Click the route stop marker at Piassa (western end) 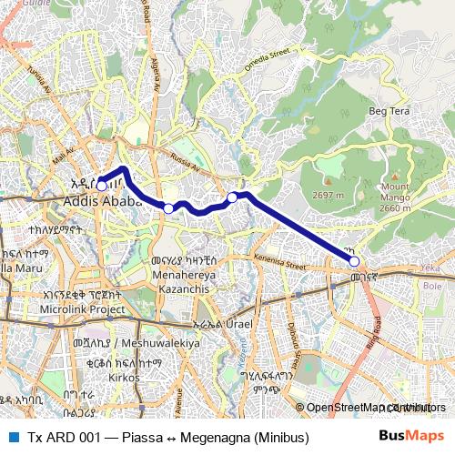[x=102, y=186]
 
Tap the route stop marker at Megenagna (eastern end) [x=355, y=262]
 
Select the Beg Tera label [x=389, y=111]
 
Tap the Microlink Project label [x=82, y=309]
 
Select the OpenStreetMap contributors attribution [x=368, y=408]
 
